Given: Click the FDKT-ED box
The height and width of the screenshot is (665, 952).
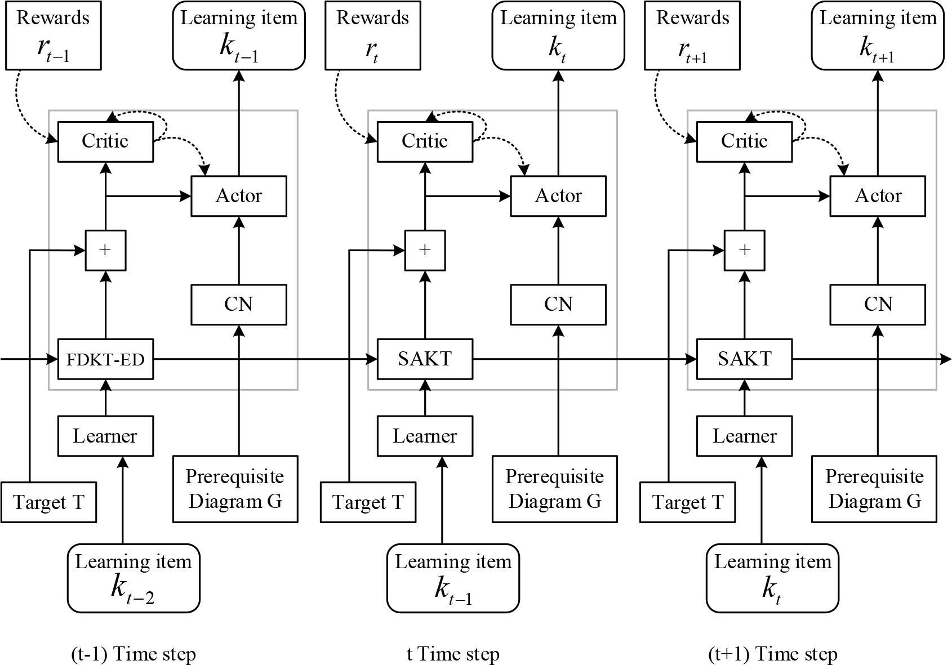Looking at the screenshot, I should [105, 359].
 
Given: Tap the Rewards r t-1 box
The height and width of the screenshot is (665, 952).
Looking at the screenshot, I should [53, 35].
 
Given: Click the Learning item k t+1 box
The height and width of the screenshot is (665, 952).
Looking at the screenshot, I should [878, 35].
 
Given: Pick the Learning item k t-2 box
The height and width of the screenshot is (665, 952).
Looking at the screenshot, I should [134, 578].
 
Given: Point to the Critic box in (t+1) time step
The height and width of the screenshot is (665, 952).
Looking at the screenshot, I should [744, 141].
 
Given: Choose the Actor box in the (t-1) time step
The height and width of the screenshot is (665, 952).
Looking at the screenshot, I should [239, 196].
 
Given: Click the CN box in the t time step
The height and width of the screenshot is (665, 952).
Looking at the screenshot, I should [558, 305].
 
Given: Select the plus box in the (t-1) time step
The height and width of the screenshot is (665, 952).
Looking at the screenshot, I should [105, 250].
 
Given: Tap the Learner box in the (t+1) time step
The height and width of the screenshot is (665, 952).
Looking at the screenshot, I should [744, 436].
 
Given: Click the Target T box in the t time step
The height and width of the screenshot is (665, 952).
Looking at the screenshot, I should [368, 502].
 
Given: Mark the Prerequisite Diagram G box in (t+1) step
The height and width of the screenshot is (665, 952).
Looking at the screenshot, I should [874, 489].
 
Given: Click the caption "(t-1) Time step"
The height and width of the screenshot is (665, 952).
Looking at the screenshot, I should [134, 654].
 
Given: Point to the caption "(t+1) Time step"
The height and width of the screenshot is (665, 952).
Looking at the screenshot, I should [772, 654].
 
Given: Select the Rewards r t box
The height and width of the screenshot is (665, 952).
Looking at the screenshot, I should [372, 35].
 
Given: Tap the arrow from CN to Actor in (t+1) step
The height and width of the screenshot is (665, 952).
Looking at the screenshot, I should [878, 251].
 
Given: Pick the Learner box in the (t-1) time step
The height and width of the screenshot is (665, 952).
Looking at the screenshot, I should [105, 436].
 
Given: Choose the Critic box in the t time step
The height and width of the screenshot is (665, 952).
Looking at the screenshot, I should [425, 141].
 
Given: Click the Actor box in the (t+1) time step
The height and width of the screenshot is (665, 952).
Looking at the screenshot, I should [878, 196].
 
